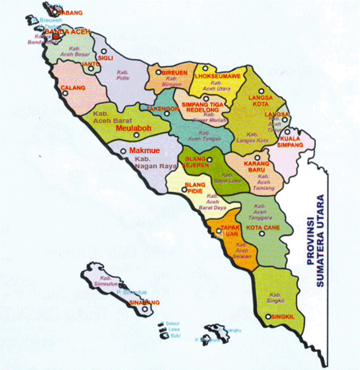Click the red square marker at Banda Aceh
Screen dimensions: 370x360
tap(55, 36)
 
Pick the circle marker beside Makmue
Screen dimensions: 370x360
tap(123, 151)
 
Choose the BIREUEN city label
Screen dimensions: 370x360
tap(174, 73)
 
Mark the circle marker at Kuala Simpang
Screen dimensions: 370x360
tap(287, 132)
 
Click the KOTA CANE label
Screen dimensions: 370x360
tap(263, 228)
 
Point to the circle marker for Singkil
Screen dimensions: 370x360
tap(268, 317)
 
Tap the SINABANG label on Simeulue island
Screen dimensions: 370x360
tap(144, 302)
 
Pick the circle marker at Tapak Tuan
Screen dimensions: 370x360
tap(218, 231)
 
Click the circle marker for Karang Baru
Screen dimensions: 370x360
tap(257, 157)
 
